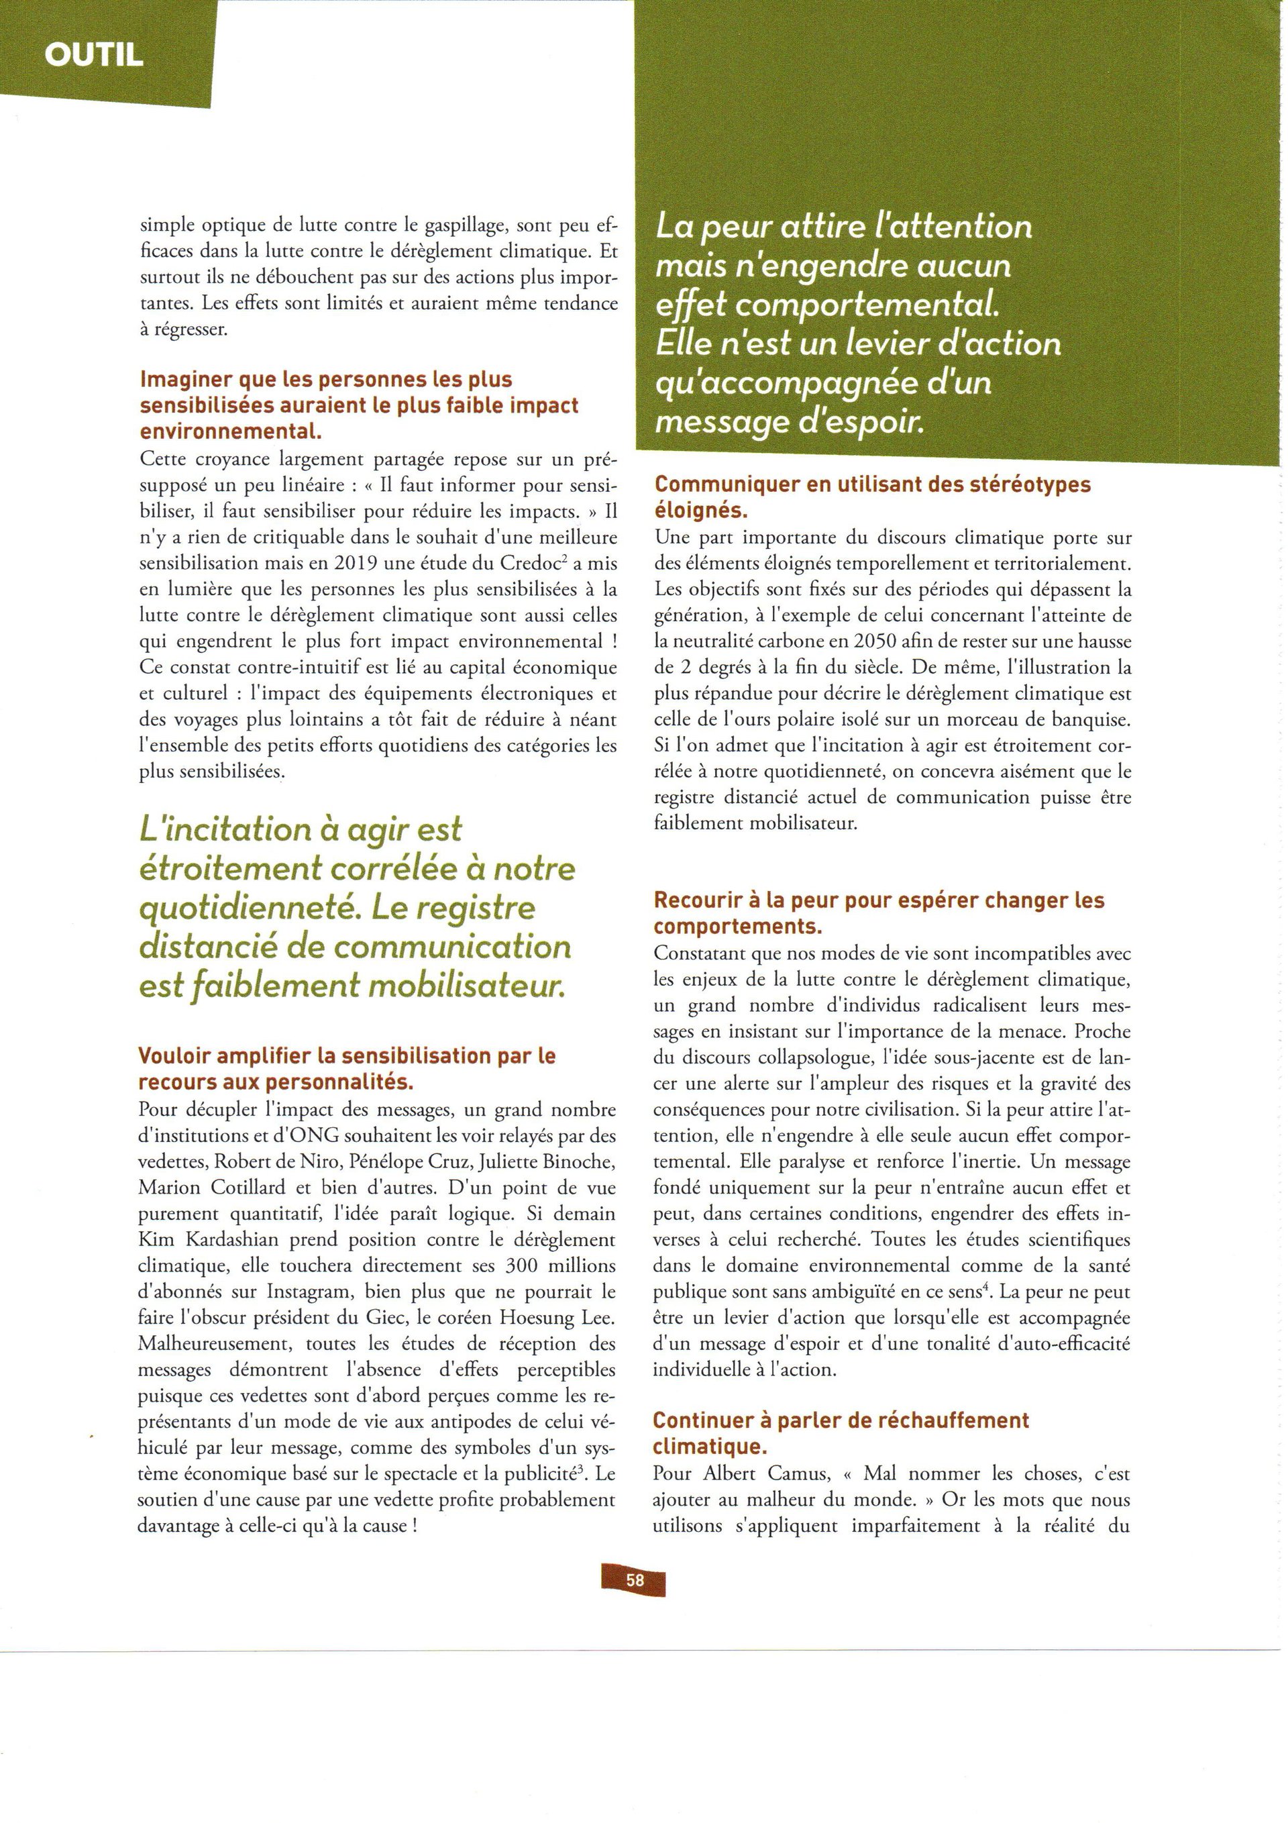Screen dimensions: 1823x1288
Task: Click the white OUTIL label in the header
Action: (x=94, y=55)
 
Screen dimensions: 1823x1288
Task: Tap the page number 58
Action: (x=635, y=1579)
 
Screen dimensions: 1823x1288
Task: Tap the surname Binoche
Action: (x=570, y=1161)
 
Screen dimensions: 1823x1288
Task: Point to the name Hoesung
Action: (x=539, y=1317)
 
